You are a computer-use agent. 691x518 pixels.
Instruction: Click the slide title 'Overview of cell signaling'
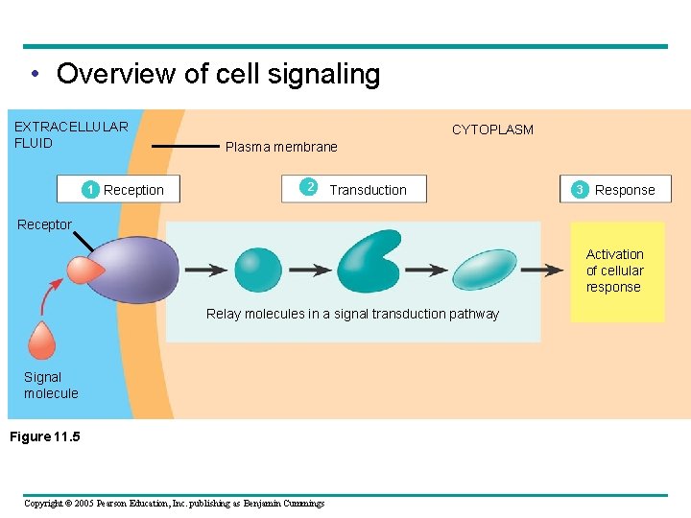(218, 74)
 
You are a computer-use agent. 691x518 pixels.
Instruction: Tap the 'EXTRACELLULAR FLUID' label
(70, 135)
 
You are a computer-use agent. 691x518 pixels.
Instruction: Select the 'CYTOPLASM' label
(492, 129)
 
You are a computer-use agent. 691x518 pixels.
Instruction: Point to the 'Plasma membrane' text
(281, 147)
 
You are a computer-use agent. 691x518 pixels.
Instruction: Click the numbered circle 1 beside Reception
(89, 190)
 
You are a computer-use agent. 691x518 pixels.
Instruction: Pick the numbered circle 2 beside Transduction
(309, 187)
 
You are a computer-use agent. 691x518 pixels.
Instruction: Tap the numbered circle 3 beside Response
(579, 190)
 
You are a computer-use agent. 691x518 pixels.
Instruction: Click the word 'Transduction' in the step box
(368, 190)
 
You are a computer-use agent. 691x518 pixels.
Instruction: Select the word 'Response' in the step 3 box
(625, 190)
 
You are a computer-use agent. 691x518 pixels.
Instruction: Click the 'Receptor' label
(44, 224)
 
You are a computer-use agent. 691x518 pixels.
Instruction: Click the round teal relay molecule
(257, 270)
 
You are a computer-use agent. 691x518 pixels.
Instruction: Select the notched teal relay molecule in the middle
(368, 263)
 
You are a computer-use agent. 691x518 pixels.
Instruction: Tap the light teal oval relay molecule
(484, 269)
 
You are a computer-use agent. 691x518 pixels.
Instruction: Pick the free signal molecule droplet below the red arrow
(42, 341)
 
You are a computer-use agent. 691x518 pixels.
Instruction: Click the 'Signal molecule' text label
(51, 386)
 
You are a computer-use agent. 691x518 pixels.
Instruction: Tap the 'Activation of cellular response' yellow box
(616, 271)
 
